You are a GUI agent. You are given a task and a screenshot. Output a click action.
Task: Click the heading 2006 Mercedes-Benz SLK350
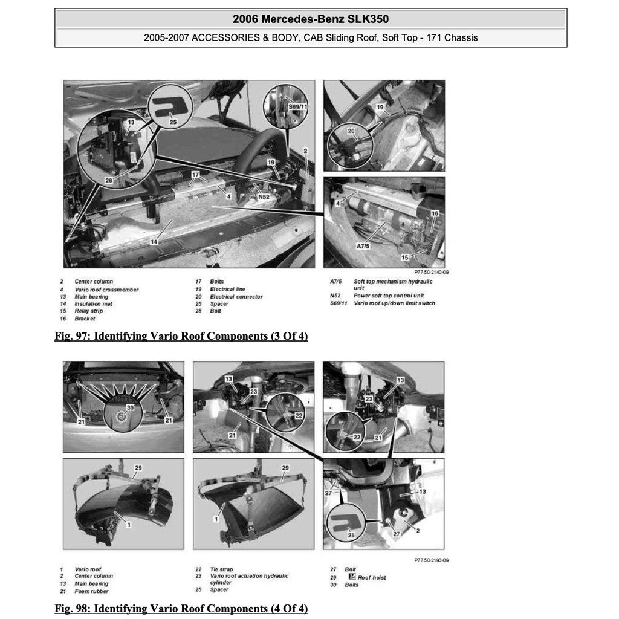click(311, 19)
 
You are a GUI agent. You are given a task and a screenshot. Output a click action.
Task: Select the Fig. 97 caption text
click(181, 336)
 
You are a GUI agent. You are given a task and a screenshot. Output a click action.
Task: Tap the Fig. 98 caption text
click(181, 608)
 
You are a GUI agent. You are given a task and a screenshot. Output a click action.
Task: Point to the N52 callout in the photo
click(264, 197)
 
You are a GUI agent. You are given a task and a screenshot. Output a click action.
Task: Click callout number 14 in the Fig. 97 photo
click(154, 241)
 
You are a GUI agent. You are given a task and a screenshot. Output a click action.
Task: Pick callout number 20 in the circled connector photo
click(351, 131)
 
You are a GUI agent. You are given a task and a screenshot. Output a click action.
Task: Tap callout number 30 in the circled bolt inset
click(129, 407)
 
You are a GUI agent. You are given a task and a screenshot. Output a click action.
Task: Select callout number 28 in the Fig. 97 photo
click(109, 180)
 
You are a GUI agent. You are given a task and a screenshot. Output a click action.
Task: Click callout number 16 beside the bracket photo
click(434, 214)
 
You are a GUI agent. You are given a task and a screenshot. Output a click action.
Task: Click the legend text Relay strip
click(88, 311)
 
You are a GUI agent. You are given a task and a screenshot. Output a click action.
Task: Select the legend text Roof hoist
click(372, 577)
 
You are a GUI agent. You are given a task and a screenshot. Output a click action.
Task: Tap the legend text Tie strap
click(221, 569)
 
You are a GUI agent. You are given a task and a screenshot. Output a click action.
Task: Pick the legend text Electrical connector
click(236, 297)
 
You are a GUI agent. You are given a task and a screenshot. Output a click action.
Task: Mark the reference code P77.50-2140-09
click(431, 273)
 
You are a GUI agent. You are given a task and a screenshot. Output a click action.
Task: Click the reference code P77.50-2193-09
click(431, 560)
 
